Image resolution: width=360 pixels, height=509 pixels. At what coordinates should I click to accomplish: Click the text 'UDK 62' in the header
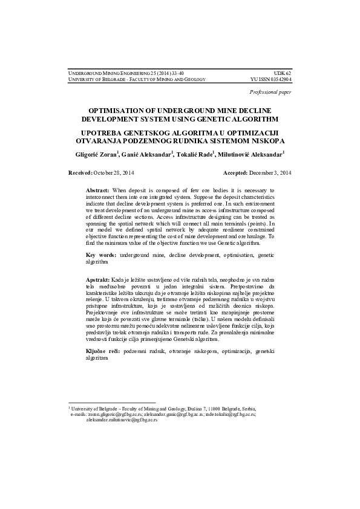[x=283, y=73]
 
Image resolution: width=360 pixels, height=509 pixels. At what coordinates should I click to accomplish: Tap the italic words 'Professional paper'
[x=270, y=92]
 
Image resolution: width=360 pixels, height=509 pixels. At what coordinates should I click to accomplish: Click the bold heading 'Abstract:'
[x=97, y=190]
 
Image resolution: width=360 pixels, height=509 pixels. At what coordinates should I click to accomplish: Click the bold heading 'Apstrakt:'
[x=98, y=280]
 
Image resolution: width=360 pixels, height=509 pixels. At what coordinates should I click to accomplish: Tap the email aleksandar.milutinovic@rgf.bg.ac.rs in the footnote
[x=114, y=420]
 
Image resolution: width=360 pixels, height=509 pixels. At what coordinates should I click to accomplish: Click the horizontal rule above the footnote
[x=111, y=403]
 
